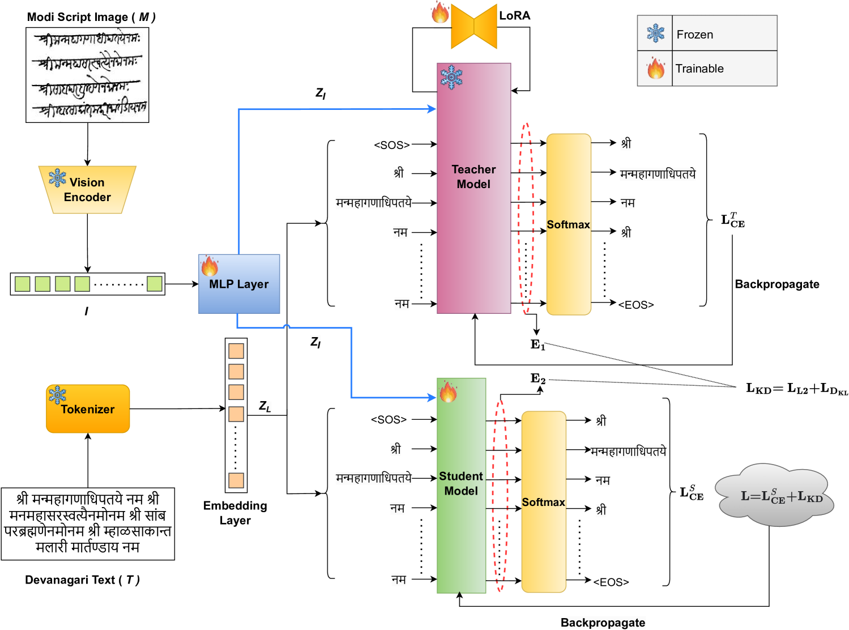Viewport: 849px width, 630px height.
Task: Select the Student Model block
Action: pyautogui.click(x=461, y=485)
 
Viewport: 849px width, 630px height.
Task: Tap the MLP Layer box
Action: pyautogui.click(x=239, y=284)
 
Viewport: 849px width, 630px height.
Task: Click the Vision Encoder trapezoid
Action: pyautogui.click(x=87, y=190)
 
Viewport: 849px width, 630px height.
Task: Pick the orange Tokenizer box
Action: pyautogui.click(x=88, y=409)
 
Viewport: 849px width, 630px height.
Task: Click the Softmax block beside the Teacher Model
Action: pyautogui.click(x=568, y=224)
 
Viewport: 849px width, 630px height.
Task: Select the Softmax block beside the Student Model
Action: pyautogui.click(x=543, y=502)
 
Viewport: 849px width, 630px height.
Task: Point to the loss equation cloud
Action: pyautogui.click(x=775, y=496)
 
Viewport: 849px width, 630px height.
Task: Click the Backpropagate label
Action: pyautogui.click(x=603, y=623)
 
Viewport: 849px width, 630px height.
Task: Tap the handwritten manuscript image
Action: pyautogui.click(x=87, y=75)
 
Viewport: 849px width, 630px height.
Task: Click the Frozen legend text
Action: pyautogui.click(x=694, y=35)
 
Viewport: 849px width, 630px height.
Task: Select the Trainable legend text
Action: pyautogui.click(x=699, y=69)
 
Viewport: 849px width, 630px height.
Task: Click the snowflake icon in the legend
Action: pyautogui.click(x=655, y=33)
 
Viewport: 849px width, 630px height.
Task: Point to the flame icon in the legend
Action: pyautogui.click(x=655, y=69)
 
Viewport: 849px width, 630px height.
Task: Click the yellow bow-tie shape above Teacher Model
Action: pyautogui.click(x=474, y=26)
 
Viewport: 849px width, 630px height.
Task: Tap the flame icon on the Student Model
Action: pyautogui.click(x=448, y=391)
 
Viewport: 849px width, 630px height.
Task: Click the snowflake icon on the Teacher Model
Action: pyautogui.click(x=451, y=78)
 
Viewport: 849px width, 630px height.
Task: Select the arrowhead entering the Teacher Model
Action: pyautogui.click(x=432, y=109)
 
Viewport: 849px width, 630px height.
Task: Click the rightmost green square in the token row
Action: pyautogui.click(x=155, y=284)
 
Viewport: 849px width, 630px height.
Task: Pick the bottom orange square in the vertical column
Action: pyautogui.click(x=236, y=480)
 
